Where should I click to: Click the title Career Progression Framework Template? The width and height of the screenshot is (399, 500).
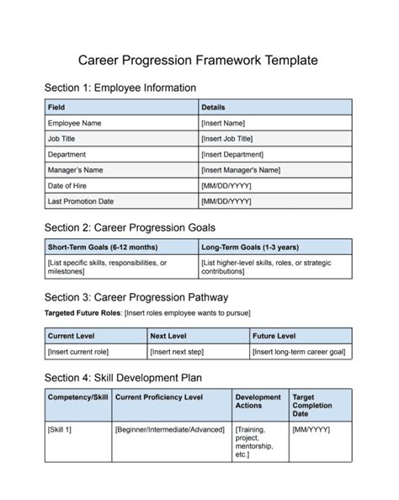[x=199, y=60]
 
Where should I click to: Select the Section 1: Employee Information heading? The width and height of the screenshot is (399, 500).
[x=120, y=88]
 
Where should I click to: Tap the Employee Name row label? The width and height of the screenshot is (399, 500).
[x=75, y=123]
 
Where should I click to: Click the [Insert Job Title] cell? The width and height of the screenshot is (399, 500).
[x=226, y=139]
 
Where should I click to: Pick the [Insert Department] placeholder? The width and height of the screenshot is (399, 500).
[x=231, y=154]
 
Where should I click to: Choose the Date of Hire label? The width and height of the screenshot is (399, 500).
[x=67, y=185]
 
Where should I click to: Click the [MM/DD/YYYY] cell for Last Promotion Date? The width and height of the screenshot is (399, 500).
[x=226, y=201]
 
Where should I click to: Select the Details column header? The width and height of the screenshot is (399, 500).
[x=213, y=108]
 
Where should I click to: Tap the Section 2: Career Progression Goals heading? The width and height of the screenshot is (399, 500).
[x=130, y=227]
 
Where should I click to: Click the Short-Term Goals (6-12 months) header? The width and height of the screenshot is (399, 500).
[x=102, y=247]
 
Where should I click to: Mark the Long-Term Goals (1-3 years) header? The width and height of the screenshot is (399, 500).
[x=250, y=247]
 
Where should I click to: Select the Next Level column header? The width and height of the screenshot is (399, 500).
[x=168, y=335]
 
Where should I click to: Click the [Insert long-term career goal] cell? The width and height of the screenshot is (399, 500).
[x=298, y=351]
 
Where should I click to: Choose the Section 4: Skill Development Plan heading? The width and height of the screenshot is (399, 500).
[x=123, y=377]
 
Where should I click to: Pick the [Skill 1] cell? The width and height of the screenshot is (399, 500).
[x=60, y=430]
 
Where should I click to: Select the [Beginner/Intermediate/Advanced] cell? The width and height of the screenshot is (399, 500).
[x=168, y=430]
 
